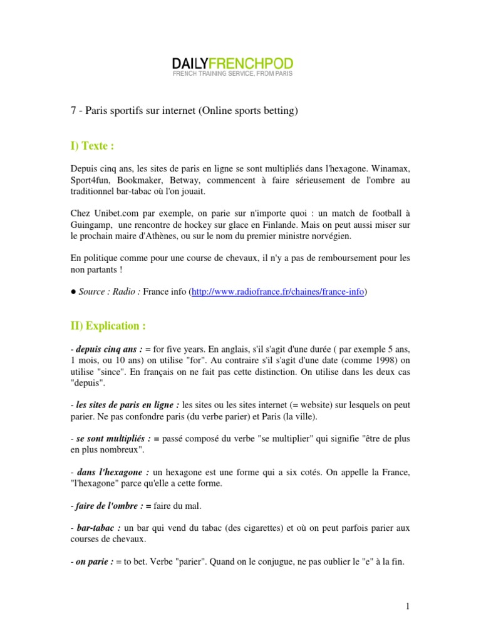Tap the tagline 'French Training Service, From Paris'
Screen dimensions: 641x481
[x=232, y=74]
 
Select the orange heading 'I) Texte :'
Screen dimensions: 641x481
[x=92, y=146]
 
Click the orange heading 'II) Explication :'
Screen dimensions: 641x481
[x=107, y=326]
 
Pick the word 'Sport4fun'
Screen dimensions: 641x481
[x=88, y=180]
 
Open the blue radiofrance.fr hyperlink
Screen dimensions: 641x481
[x=277, y=292]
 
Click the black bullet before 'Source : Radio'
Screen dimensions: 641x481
[x=73, y=292]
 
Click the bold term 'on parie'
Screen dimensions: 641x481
[x=91, y=562]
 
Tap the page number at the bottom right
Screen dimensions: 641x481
[x=407, y=605]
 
